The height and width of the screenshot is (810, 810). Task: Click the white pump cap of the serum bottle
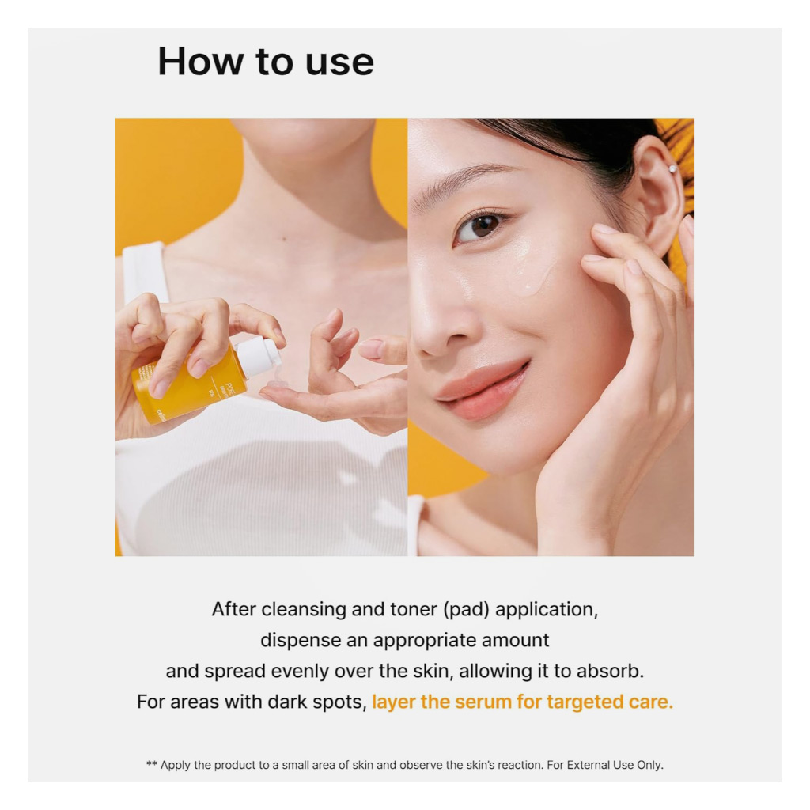point(259,356)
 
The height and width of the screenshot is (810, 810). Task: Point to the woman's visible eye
point(481,228)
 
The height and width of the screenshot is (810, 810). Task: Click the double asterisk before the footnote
point(151,764)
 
